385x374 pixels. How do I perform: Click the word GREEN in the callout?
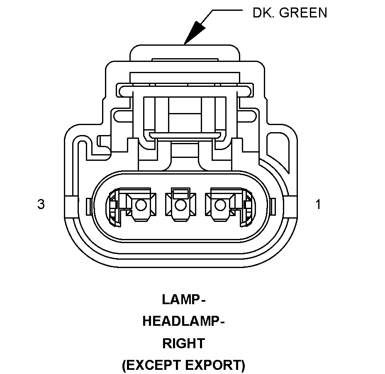point(303,13)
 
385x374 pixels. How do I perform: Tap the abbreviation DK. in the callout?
point(263,13)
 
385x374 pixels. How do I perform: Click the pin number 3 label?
point(41,204)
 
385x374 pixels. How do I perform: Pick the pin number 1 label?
point(318,204)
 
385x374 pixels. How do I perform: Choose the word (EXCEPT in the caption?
point(151,365)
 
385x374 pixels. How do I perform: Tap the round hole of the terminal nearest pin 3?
point(141,204)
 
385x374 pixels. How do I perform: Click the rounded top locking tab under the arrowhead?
point(185,52)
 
